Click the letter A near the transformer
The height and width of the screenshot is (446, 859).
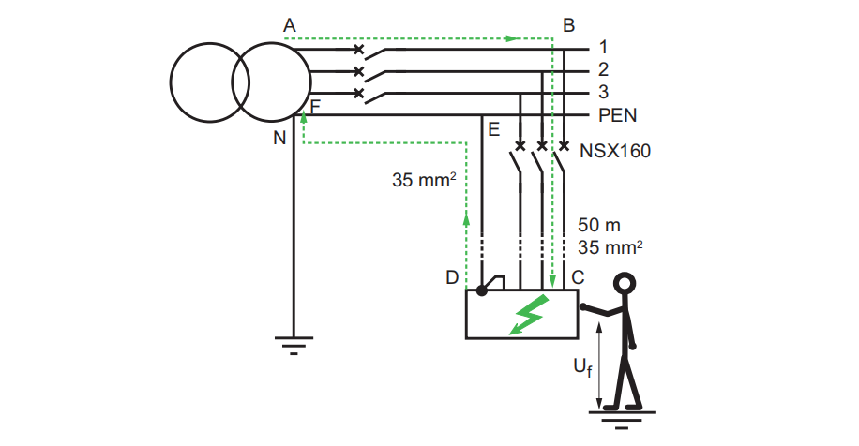point(289,25)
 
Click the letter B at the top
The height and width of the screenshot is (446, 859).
point(568,25)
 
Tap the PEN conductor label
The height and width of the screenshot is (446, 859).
point(617,115)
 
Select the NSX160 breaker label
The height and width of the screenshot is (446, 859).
point(615,151)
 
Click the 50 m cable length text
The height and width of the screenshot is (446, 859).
point(599,225)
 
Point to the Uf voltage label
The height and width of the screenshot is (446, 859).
point(582,366)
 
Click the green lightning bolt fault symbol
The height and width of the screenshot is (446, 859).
point(529,315)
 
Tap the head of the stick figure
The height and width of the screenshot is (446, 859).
point(624,284)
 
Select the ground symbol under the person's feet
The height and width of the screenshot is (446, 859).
point(622,420)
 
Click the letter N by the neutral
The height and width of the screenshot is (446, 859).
point(279,138)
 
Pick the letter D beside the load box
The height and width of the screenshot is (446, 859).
point(452,277)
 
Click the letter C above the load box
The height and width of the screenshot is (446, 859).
point(578,277)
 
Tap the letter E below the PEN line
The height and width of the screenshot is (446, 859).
point(493,129)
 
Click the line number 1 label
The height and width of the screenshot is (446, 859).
point(603,47)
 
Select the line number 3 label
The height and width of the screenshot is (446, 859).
point(603,92)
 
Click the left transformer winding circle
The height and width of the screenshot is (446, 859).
point(210,82)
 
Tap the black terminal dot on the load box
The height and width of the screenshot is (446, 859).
point(481,290)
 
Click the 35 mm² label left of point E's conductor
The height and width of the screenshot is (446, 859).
point(424,180)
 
